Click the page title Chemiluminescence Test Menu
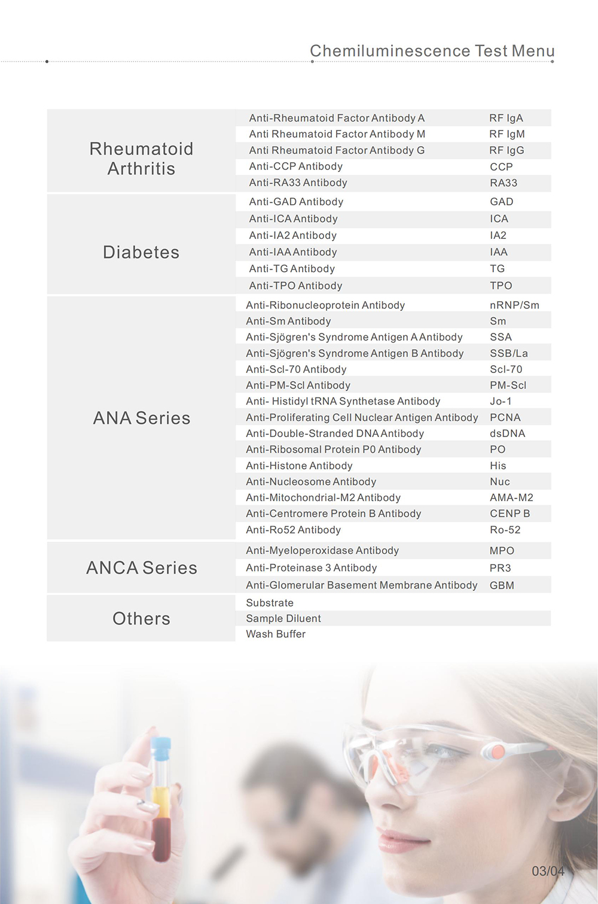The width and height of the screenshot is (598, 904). [432, 51]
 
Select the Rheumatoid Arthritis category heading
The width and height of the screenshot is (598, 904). [141, 159]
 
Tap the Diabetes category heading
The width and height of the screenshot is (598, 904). [141, 252]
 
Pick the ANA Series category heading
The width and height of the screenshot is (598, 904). [142, 418]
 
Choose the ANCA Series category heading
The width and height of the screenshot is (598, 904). [142, 568]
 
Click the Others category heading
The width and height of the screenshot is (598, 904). [142, 618]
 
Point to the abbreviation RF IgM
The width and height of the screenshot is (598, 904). [507, 134]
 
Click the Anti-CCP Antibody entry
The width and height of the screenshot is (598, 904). [296, 166]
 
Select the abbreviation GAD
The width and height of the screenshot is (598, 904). [502, 202]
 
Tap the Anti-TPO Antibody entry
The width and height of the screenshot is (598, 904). [296, 286]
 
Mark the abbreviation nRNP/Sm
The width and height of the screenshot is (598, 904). [514, 305]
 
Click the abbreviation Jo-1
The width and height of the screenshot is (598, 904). [501, 401]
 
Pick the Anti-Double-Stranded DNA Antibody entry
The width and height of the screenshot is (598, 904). [335, 433]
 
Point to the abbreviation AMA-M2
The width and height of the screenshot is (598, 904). [511, 497]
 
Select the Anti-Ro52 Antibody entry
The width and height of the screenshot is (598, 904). [294, 530]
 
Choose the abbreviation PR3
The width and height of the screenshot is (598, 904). [501, 568]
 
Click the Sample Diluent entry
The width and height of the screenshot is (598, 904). [283, 618]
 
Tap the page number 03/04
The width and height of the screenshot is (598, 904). [548, 871]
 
